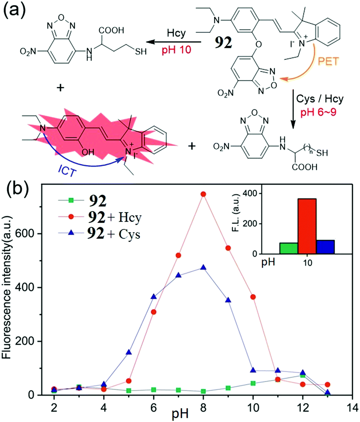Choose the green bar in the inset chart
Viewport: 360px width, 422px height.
288,248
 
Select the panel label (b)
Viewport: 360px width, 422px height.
17,192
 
